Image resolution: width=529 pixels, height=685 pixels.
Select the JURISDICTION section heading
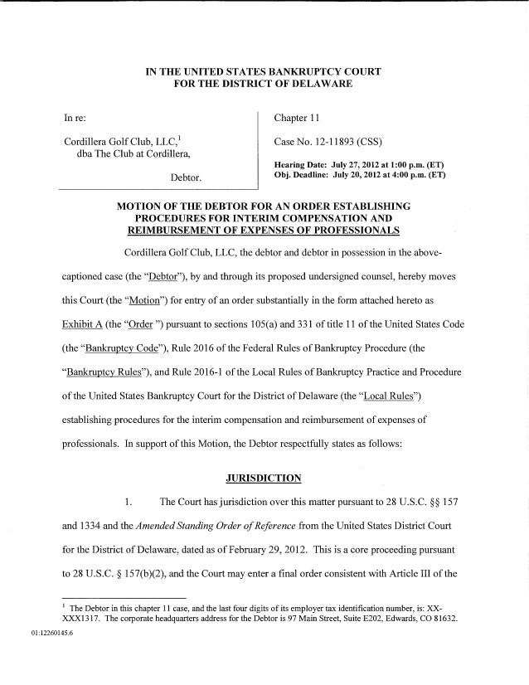click(x=264, y=478)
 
